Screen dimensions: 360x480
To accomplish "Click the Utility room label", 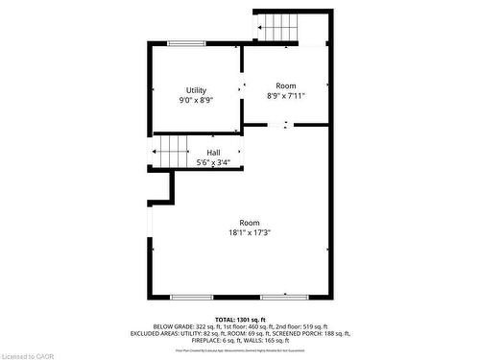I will tap(196, 90).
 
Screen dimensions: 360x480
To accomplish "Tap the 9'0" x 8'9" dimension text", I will tap(196, 100).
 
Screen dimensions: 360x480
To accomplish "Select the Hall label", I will tap(214, 153).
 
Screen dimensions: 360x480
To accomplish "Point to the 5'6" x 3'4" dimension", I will tap(214, 162).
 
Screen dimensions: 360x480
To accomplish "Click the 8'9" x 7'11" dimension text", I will tap(286, 95).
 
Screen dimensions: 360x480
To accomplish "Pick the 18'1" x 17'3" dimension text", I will tap(250, 231).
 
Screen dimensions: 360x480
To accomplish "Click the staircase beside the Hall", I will tap(173, 151).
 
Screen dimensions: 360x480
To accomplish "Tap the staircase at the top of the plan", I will tap(279, 27).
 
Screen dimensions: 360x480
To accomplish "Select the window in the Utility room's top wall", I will tap(186, 43).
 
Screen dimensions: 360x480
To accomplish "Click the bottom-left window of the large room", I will tap(191, 297).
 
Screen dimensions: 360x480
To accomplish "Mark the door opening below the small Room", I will tap(278, 124).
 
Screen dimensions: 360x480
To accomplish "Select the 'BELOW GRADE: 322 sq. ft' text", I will tap(183, 325).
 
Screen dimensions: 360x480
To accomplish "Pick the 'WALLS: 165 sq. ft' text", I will tap(271, 340).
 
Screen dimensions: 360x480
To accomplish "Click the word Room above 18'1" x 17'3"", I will tap(250, 222).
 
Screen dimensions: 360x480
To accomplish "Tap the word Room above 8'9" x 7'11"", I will tap(286, 85).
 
